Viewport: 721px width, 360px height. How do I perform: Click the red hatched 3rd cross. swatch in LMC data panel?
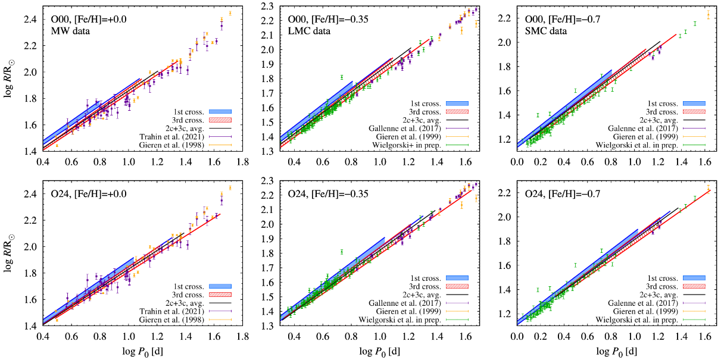(457, 111)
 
